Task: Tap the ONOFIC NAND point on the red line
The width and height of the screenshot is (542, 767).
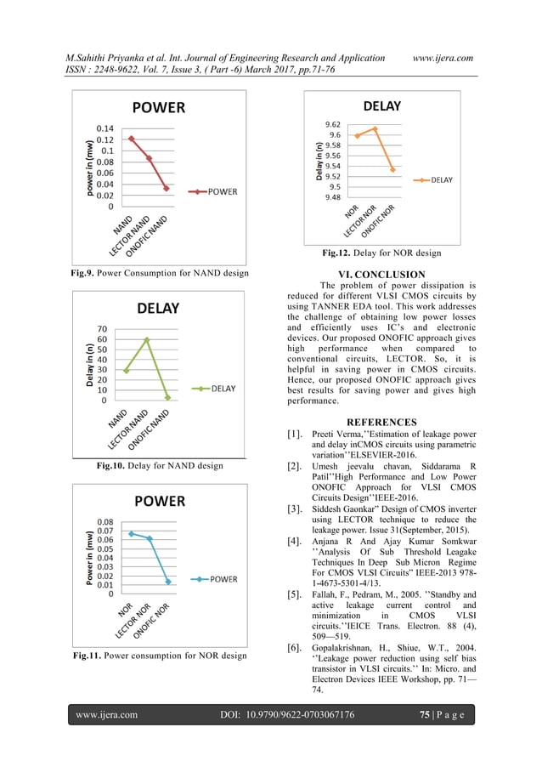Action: [167, 188]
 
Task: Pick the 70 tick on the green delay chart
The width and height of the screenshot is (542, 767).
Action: [101, 329]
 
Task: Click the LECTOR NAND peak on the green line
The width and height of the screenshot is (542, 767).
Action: [147, 339]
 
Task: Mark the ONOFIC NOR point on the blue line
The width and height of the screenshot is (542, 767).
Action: [168, 582]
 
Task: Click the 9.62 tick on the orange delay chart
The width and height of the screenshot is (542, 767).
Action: [333, 124]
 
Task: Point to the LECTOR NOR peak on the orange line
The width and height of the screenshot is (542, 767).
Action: [375, 128]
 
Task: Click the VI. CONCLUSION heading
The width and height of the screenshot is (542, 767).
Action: [381, 274]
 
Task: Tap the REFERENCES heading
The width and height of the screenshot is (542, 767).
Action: [381, 422]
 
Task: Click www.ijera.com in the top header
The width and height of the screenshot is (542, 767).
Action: [442, 58]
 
